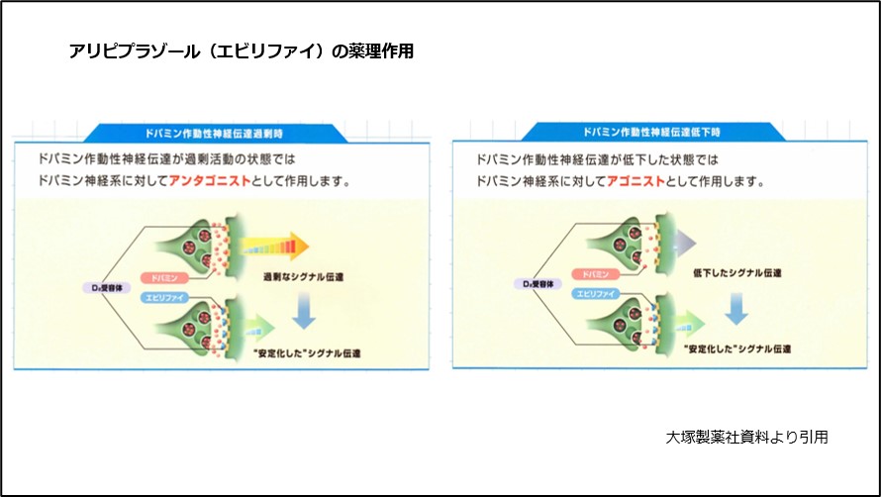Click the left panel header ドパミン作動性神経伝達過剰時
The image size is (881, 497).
tap(221, 131)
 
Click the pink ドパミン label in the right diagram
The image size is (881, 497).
tap(594, 273)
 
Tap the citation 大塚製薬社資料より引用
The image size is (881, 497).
tap(746, 437)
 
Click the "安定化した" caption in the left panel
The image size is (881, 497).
tap(314, 353)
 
